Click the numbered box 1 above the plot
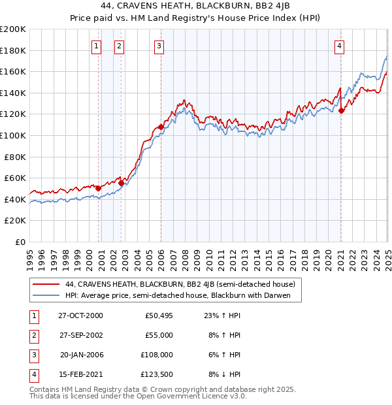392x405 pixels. [97, 46]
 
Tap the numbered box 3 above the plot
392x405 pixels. [159, 46]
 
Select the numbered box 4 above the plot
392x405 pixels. [340, 46]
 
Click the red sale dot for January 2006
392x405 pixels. [161, 127]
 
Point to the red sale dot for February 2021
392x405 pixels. [341, 110]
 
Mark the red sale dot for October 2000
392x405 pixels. [99, 188]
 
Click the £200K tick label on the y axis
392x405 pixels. [13, 29]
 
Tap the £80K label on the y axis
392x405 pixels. [16, 157]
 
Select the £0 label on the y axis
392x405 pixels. [20, 242]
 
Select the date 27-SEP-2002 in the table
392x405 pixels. [81, 335]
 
